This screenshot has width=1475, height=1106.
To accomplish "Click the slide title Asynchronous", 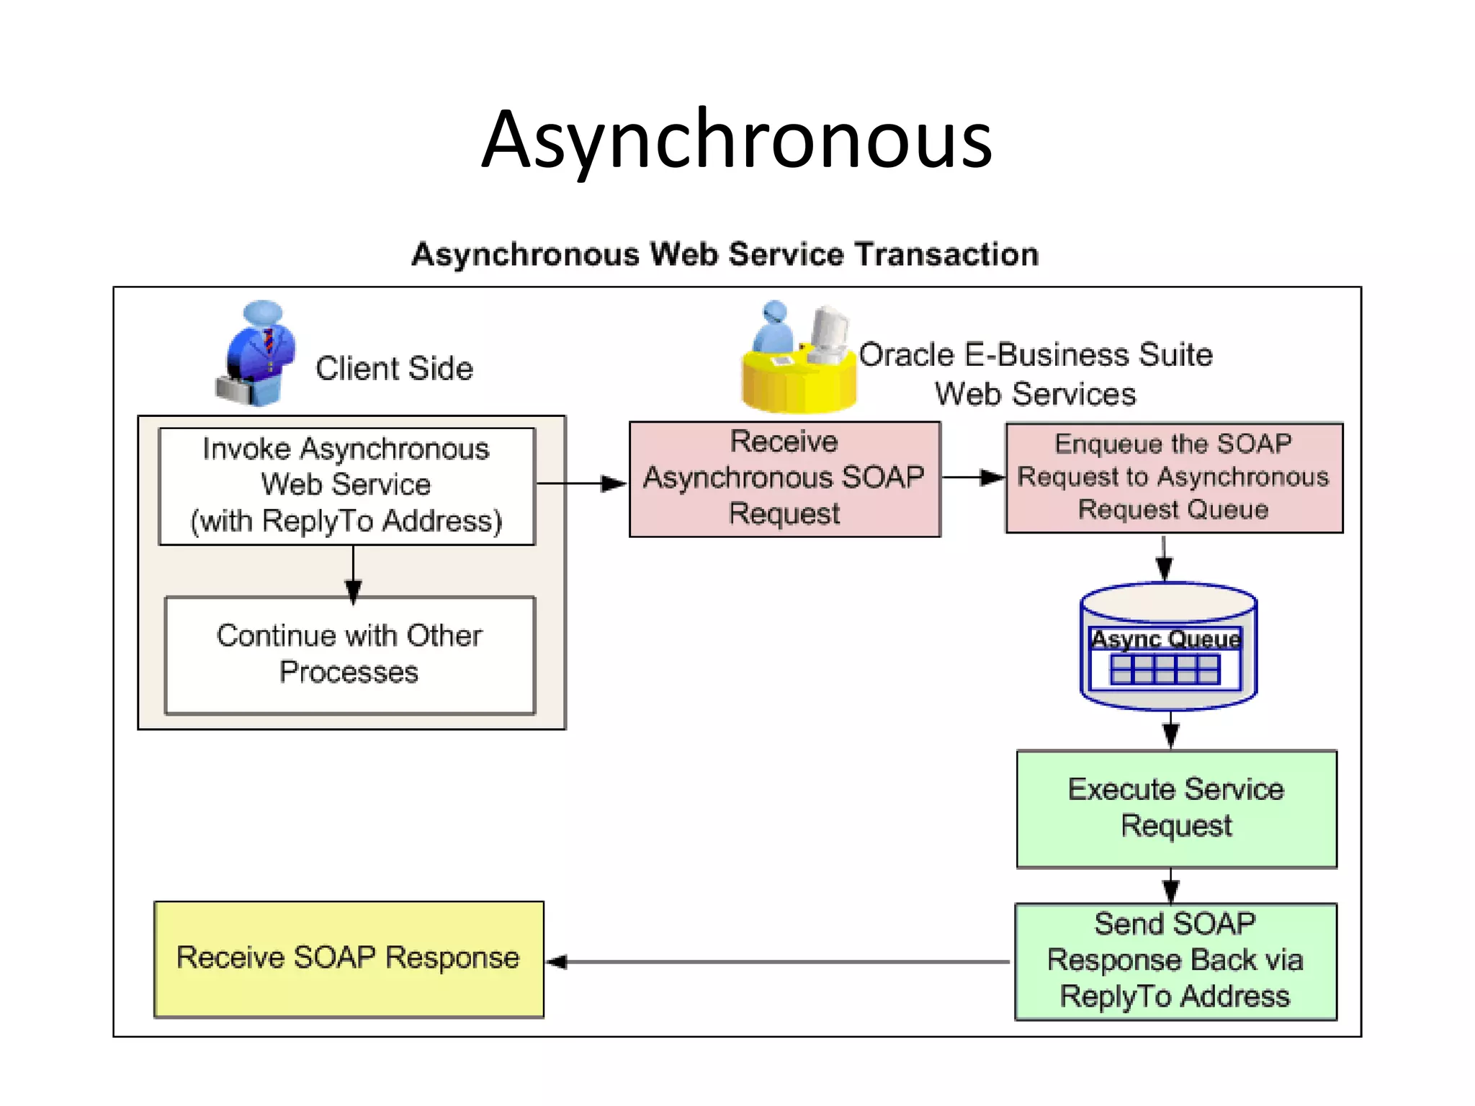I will click(737, 140).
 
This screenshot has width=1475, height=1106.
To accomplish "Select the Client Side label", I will click(394, 369).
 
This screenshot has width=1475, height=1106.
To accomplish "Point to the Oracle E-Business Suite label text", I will click(1036, 356).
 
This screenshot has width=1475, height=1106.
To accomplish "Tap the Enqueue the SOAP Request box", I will click(1173, 477).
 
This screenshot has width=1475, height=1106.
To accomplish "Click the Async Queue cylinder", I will click(1167, 646).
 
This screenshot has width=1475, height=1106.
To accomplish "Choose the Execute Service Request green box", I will click(1176, 808).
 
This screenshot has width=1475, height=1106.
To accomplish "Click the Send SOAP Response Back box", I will click(1175, 961).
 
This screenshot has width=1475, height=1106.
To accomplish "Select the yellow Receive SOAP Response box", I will click(349, 958).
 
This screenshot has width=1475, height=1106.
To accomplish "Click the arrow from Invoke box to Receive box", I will click(580, 483).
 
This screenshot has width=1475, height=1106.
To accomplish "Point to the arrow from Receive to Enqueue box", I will click(972, 477).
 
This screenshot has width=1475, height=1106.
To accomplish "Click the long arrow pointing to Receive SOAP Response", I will click(778, 961).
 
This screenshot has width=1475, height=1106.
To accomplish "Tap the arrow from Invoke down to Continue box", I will click(353, 573).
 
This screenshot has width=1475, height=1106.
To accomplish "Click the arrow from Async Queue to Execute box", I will click(1171, 729).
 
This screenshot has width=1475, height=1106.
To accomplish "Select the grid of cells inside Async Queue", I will click(1165, 670).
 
